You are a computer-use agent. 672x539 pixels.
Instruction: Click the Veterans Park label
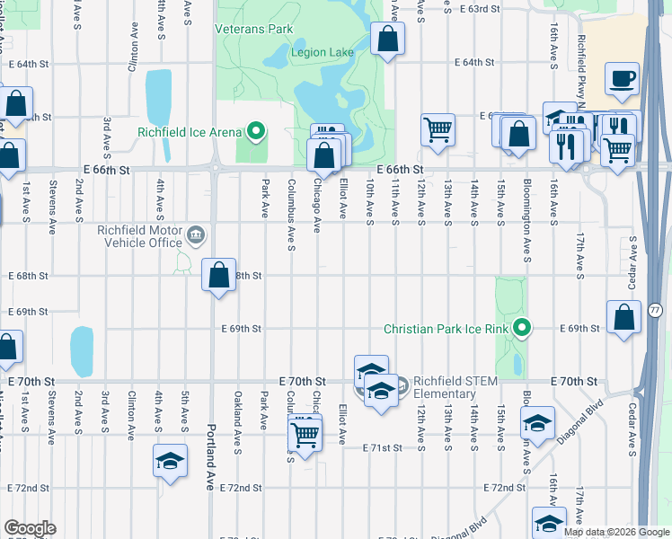click(254, 29)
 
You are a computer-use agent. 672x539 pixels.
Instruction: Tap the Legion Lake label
click(323, 52)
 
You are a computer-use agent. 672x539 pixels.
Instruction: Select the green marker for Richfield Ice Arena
click(256, 133)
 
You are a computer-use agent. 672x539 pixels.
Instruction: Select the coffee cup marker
click(622, 80)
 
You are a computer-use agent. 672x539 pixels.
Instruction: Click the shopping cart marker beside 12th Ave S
click(438, 129)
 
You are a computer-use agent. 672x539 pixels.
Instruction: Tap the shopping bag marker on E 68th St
click(218, 275)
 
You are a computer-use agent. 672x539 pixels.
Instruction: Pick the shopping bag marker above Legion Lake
click(387, 40)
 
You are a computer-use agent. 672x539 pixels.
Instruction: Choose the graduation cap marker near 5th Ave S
click(170, 461)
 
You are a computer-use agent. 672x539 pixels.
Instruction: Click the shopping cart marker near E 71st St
click(305, 436)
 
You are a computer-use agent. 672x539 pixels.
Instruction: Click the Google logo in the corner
click(30, 528)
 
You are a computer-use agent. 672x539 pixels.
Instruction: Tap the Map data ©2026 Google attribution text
click(615, 532)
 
